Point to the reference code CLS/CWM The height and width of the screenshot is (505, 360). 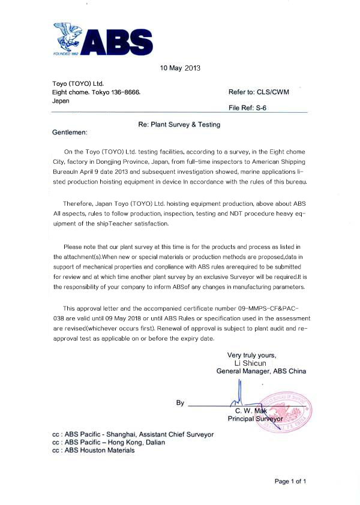pyautogui.click(x=277, y=92)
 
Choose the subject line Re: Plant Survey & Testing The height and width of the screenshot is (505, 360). pyautogui.click(x=179, y=125)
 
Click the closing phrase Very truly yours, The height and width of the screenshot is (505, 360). pyautogui.click(x=252, y=355)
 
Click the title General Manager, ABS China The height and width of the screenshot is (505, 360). pyautogui.click(x=261, y=371)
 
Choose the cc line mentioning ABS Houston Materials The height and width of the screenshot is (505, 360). pyautogui.click(x=94, y=450)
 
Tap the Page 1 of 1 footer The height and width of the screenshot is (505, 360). pyautogui.click(x=290, y=481)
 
